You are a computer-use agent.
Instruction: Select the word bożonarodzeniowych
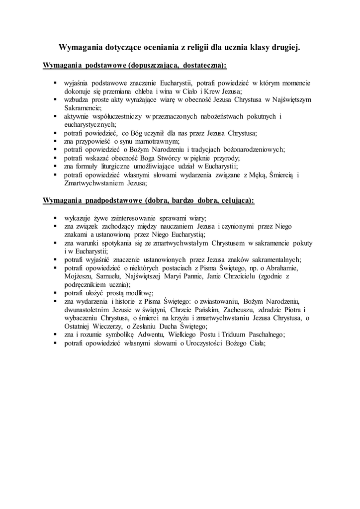point(256,150)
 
